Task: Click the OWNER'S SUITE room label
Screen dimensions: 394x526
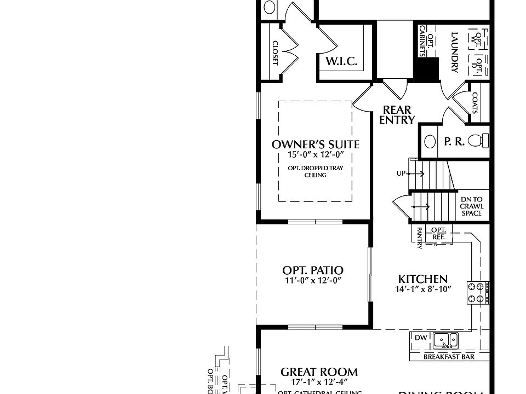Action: pos(316,144)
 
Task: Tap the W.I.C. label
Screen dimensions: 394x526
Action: pos(342,61)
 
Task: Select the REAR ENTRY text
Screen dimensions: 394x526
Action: pos(397,115)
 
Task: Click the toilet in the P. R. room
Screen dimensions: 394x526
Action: pos(482,141)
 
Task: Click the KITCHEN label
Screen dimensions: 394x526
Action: pos(422,279)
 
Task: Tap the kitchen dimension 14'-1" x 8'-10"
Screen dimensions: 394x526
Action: pos(422,289)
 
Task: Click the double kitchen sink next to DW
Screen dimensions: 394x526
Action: pos(445,341)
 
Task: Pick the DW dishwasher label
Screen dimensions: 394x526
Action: pos(420,338)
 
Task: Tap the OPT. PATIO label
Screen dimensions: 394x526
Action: pos(313,270)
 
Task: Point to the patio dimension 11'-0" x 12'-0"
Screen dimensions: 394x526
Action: pos(313,280)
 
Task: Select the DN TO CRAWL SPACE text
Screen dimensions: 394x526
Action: pos(471,206)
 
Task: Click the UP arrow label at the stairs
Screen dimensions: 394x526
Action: pos(401,173)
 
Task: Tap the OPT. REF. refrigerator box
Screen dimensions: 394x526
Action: pos(438,234)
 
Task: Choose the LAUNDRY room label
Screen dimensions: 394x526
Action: pos(454,53)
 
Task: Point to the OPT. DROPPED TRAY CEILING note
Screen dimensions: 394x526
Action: pos(315,172)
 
